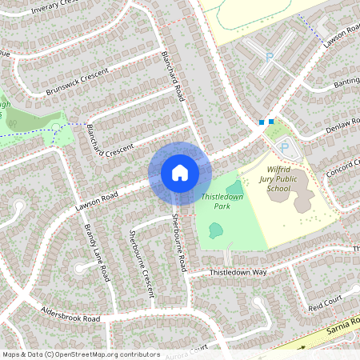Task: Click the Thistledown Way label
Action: (238, 273)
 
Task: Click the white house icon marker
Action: (179, 173)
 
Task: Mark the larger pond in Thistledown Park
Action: (216, 230)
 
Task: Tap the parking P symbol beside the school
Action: (284, 148)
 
